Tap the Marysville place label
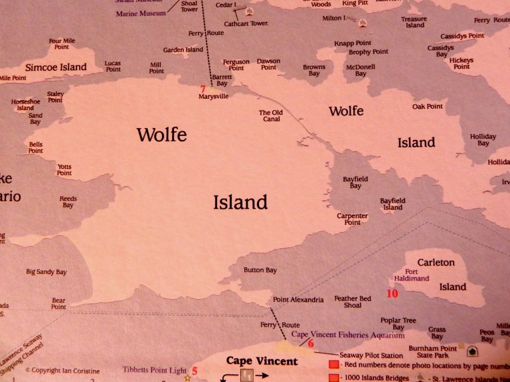coord(213,97)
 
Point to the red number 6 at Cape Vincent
coord(310,343)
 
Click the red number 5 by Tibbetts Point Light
coord(195,371)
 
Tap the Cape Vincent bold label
coord(262,361)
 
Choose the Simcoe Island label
coord(56,67)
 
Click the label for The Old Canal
coord(270,116)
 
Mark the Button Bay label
coord(260,271)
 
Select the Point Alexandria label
coord(298,300)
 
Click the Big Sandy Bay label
coord(46,272)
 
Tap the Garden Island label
coord(183,50)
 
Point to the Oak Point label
coord(427,106)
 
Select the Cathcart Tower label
coord(245,24)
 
